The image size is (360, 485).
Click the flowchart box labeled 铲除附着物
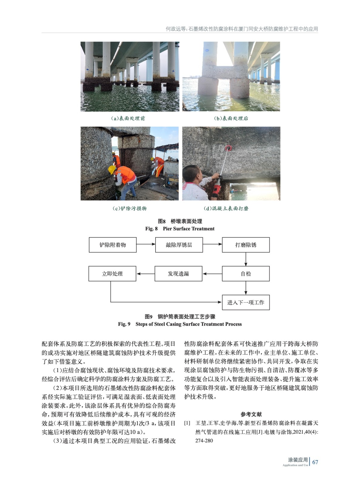113,245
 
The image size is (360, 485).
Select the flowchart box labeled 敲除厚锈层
179,245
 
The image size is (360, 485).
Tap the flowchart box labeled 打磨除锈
246,245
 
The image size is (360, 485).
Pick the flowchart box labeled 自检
246,274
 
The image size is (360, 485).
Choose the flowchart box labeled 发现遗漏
178,274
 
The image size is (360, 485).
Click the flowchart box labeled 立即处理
112,274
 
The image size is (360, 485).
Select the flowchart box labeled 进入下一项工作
246,303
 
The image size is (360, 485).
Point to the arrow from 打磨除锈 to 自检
246,259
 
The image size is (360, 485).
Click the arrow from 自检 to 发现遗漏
212,274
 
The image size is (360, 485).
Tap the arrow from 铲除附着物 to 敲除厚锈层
146,244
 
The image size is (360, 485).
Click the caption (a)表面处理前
128,118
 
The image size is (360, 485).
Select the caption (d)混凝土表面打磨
226,208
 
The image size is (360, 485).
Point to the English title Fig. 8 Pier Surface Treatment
180,229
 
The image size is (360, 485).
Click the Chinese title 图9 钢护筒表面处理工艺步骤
180,316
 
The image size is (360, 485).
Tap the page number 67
315,462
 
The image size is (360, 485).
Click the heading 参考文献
251,414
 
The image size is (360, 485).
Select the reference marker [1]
187,423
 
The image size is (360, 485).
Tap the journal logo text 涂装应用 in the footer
298,460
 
